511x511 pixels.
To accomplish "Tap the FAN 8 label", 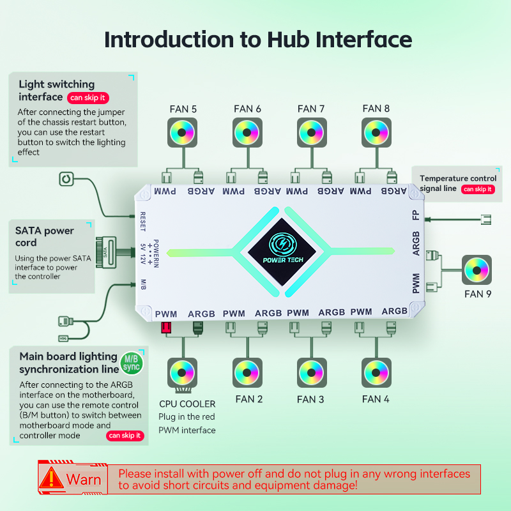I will coord(376,109).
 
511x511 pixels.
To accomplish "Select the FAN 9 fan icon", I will coord(476,270).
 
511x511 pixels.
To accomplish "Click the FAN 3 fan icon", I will coord(311,372).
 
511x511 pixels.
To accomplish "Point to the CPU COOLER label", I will coord(187,404).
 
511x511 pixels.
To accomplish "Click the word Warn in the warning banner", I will coord(84,479).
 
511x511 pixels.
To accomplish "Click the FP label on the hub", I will coord(416,215).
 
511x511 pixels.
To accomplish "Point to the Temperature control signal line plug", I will coord(486,220).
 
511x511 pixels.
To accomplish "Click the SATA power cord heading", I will coord(45,236).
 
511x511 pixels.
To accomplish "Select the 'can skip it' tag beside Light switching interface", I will coord(88,98).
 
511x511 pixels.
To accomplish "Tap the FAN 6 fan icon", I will coord(247,133).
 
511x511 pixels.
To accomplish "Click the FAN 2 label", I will coord(248,399).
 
